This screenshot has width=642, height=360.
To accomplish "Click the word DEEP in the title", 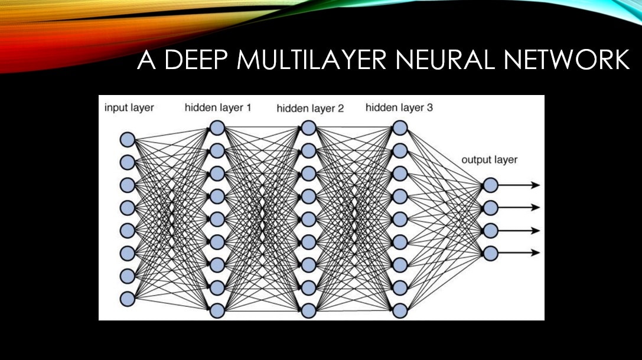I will pyautogui.click(x=194, y=61).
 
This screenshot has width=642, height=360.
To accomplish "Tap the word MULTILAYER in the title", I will pyautogui.click(x=306, y=61).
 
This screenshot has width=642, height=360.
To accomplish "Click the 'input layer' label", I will pyautogui.click(x=129, y=107).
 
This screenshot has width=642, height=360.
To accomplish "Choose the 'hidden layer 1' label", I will pyautogui.click(x=217, y=107).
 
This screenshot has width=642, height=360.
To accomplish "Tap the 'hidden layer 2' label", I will pyautogui.click(x=309, y=108).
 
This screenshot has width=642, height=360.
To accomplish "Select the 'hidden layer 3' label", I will pyautogui.click(x=399, y=107).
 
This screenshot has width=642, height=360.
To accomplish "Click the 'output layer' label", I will pyautogui.click(x=489, y=160).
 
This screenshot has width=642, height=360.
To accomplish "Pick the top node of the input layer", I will pyautogui.click(x=128, y=140).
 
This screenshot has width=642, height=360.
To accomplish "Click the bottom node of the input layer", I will pyautogui.click(x=128, y=299).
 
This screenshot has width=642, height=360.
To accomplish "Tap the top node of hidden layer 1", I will pyautogui.click(x=217, y=127).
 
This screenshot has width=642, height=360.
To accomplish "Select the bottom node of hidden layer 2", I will pyautogui.click(x=308, y=310).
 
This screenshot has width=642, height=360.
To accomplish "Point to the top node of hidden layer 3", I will pyautogui.click(x=400, y=127).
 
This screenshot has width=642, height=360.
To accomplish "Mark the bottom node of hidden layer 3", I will pyautogui.click(x=400, y=310).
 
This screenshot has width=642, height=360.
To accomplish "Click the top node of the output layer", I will pyautogui.click(x=490, y=185).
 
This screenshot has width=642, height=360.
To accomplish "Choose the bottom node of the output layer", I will pyautogui.click(x=490, y=253).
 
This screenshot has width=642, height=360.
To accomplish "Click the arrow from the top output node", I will pyautogui.click(x=520, y=185).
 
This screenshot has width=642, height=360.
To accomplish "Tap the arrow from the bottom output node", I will pyautogui.click(x=520, y=253).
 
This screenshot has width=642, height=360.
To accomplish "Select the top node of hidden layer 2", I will pyautogui.click(x=308, y=127).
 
